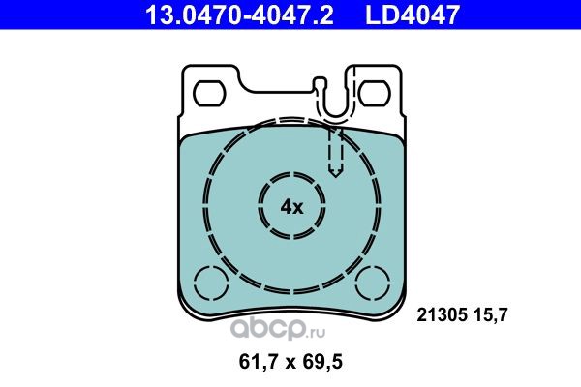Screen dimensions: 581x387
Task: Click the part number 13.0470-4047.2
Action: (x=240, y=15)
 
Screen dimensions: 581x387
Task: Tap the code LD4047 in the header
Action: (x=413, y=15)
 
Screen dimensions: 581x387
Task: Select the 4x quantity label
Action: (x=291, y=207)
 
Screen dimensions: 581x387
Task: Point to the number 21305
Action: (x=442, y=315)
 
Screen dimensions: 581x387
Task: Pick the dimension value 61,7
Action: (x=259, y=362)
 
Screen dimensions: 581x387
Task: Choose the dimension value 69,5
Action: (x=322, y=362)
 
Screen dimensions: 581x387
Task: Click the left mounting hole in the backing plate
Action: (x=210, y=93)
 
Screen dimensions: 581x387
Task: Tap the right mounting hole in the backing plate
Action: (x=374, y=93)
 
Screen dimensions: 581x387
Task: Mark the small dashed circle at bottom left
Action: (x=210, y=283)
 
